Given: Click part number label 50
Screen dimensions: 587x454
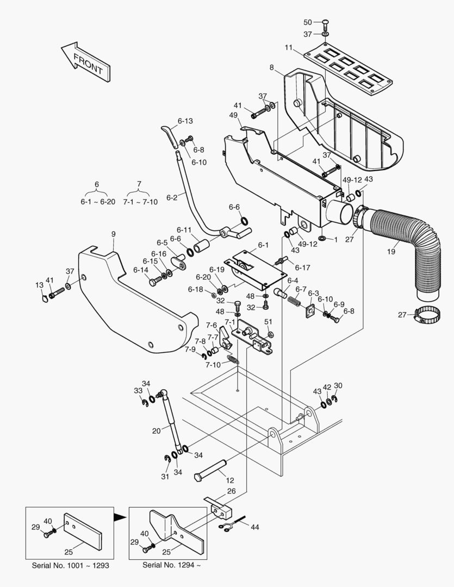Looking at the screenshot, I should click(x=308, y=22).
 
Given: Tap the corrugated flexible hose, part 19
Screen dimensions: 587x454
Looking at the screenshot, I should click(x=413, y=245).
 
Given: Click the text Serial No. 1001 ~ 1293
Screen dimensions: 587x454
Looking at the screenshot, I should click(x=70, y=565).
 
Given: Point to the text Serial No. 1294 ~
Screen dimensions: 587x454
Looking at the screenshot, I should click(x=171, y=565).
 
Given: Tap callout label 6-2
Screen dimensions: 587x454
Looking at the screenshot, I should click(x=171, y=198).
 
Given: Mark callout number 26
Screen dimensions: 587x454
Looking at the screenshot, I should click(x=231, y=491).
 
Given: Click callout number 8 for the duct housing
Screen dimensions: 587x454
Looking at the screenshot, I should click(x=271, y=67).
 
